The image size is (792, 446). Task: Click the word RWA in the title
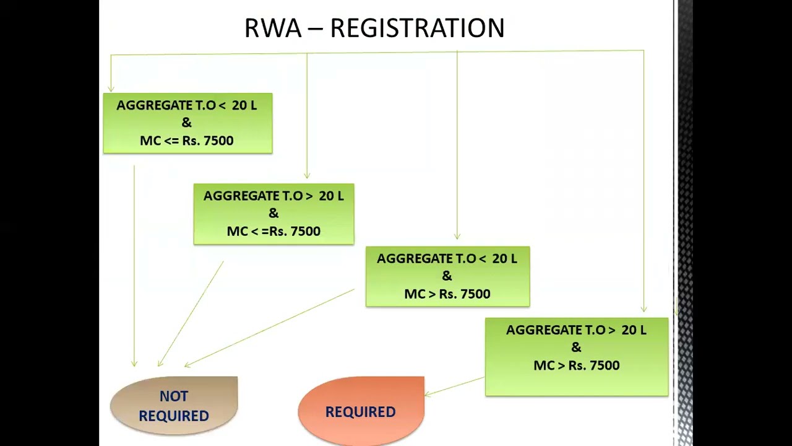[x=273, y=28]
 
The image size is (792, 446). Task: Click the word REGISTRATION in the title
[x=417, y=28]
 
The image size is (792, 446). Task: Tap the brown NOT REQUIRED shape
[x=174, y=406]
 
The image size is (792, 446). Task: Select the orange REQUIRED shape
[x=361, y=411]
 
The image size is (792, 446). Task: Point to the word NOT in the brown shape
[x=174, y=396]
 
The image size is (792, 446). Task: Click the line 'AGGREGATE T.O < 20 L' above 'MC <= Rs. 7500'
[x=187, y=105]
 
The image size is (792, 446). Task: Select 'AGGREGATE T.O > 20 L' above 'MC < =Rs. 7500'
[x=273, y=196]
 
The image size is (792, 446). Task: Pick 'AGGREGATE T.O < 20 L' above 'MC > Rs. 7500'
[x=447, y=259]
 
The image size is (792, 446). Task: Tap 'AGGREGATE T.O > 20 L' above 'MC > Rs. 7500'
[x=576, y=330]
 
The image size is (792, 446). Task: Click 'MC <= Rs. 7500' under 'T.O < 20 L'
[x=187, y=141]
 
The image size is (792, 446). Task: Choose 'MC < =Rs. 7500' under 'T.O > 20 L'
[x=273, y=231]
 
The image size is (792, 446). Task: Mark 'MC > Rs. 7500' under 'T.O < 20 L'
[x=447, y=294]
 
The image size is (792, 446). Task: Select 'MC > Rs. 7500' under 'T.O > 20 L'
[x=577, y=365]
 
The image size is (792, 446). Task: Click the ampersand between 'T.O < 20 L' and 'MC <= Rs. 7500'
[x=186, y=123]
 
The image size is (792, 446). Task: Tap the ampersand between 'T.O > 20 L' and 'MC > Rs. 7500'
[x=576, y=348]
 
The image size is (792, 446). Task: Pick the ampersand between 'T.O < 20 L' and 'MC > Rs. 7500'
[x=447, y=276]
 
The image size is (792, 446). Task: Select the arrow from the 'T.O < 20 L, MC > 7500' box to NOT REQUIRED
[x=269, y=328]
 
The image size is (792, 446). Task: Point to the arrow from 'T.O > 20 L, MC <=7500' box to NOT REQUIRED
[x=191, y=314]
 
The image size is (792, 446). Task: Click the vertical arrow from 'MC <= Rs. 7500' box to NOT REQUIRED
[x=134, y=266]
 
